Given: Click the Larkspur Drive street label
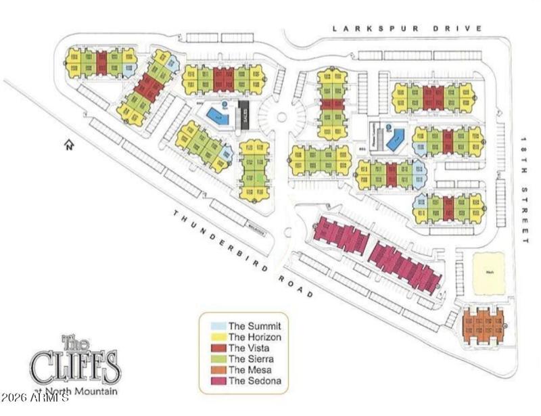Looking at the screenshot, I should [x=407, y=28].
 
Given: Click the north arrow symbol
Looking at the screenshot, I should [x=68, y=145].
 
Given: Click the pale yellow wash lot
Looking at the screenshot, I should [x=489, y=273].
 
